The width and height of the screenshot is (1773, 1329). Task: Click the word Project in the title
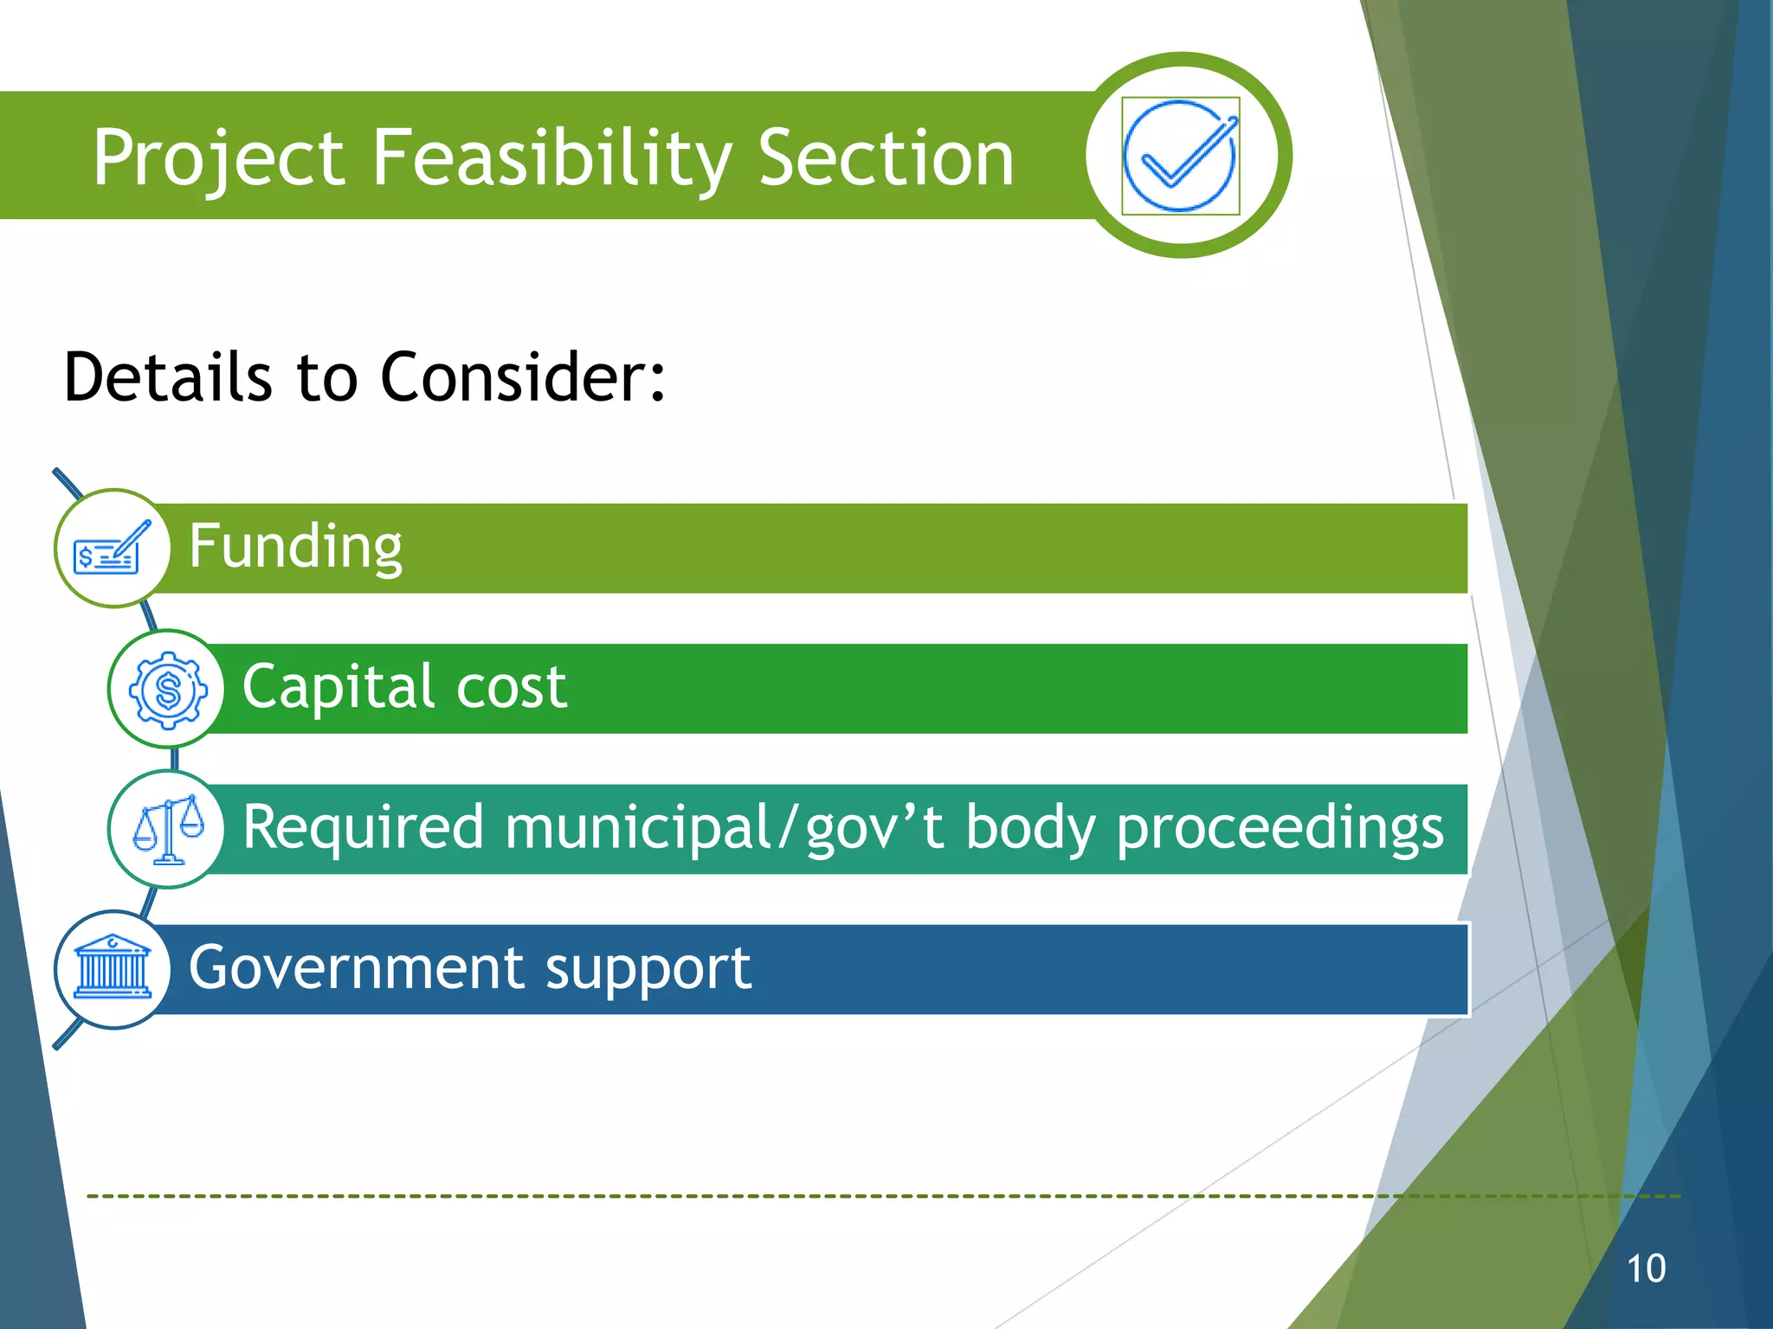click(x=219, y=158)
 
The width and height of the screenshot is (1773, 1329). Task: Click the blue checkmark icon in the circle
click(x=1180, y=156)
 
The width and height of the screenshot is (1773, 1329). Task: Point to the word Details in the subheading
click(x=168, y=377)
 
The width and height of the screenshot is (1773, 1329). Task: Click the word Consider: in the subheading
click(x=523, y=377)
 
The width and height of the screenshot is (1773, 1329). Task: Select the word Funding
click(x=295, y=547)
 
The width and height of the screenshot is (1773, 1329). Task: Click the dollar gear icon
click(x=168, y=690)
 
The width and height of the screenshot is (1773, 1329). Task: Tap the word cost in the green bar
click(x=511, y=687)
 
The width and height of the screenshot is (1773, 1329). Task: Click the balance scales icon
click(x=168, y=829)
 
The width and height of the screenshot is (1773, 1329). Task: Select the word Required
click(x=363, y=827)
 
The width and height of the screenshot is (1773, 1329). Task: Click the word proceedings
click(x=1280, y=827)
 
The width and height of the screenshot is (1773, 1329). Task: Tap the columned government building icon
click(x=113, y=968)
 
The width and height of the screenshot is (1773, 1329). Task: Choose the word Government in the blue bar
click(x=356, y=967)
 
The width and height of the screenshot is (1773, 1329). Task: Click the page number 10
click(x=1646, y=1268)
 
